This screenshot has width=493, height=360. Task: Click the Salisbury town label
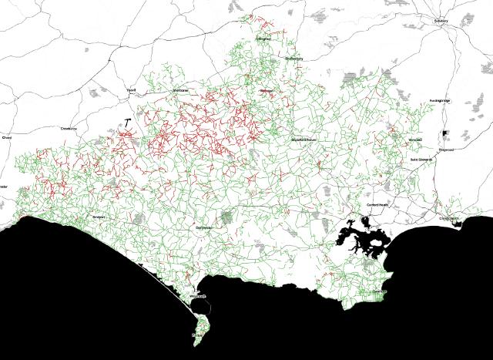coord(441,22)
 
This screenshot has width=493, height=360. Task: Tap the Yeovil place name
coord(131,90)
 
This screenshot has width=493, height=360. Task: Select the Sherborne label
coord(180,90)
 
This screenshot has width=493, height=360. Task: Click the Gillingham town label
coord(263,38)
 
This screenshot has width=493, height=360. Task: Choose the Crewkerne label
coord(69,128)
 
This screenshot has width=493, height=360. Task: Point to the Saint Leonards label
coord(421,160)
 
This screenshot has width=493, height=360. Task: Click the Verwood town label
coord(416,140)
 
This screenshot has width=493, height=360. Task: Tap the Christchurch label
coord(449,219)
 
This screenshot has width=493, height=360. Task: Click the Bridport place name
coord(99,217)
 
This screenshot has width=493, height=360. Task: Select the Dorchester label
coord(203,228)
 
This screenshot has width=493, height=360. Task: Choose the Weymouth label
coord(197,296)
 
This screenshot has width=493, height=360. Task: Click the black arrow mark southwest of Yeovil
coord(126,122)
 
